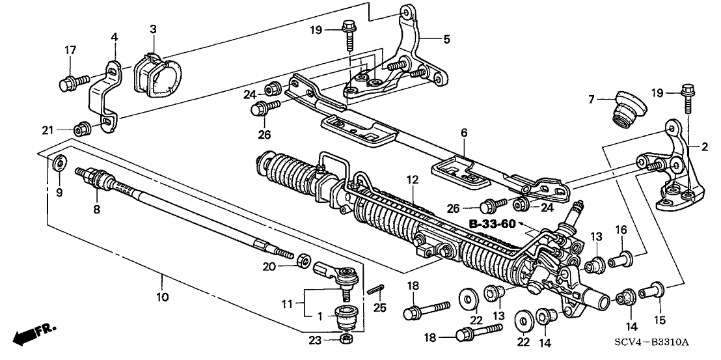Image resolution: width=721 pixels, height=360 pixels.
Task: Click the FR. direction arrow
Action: pyautogui.click(x=34, y=334)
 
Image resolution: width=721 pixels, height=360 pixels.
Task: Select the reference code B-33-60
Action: pyautogui.click(x=492, y=224)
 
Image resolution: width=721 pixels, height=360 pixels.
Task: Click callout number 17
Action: pyautogui.click(x=70, y=49)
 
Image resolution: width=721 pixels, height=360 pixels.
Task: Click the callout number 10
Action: pyautogui.click(x=162, y=297)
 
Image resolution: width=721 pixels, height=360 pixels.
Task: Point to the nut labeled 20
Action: pyautogui.click(x=303, y=262)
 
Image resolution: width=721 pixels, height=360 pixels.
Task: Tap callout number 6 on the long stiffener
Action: pyautogui.click(x=463, y=132)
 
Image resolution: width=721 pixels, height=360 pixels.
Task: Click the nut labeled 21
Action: pyautogui.click(x=83, y=128)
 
